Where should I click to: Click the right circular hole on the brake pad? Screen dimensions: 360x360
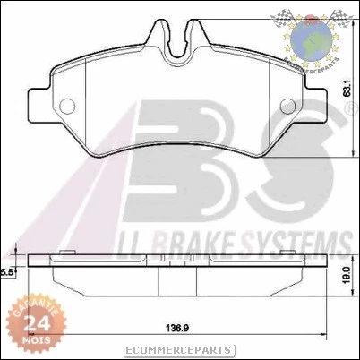tap(288, 106)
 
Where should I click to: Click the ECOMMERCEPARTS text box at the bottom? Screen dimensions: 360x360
tap(179, 350)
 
